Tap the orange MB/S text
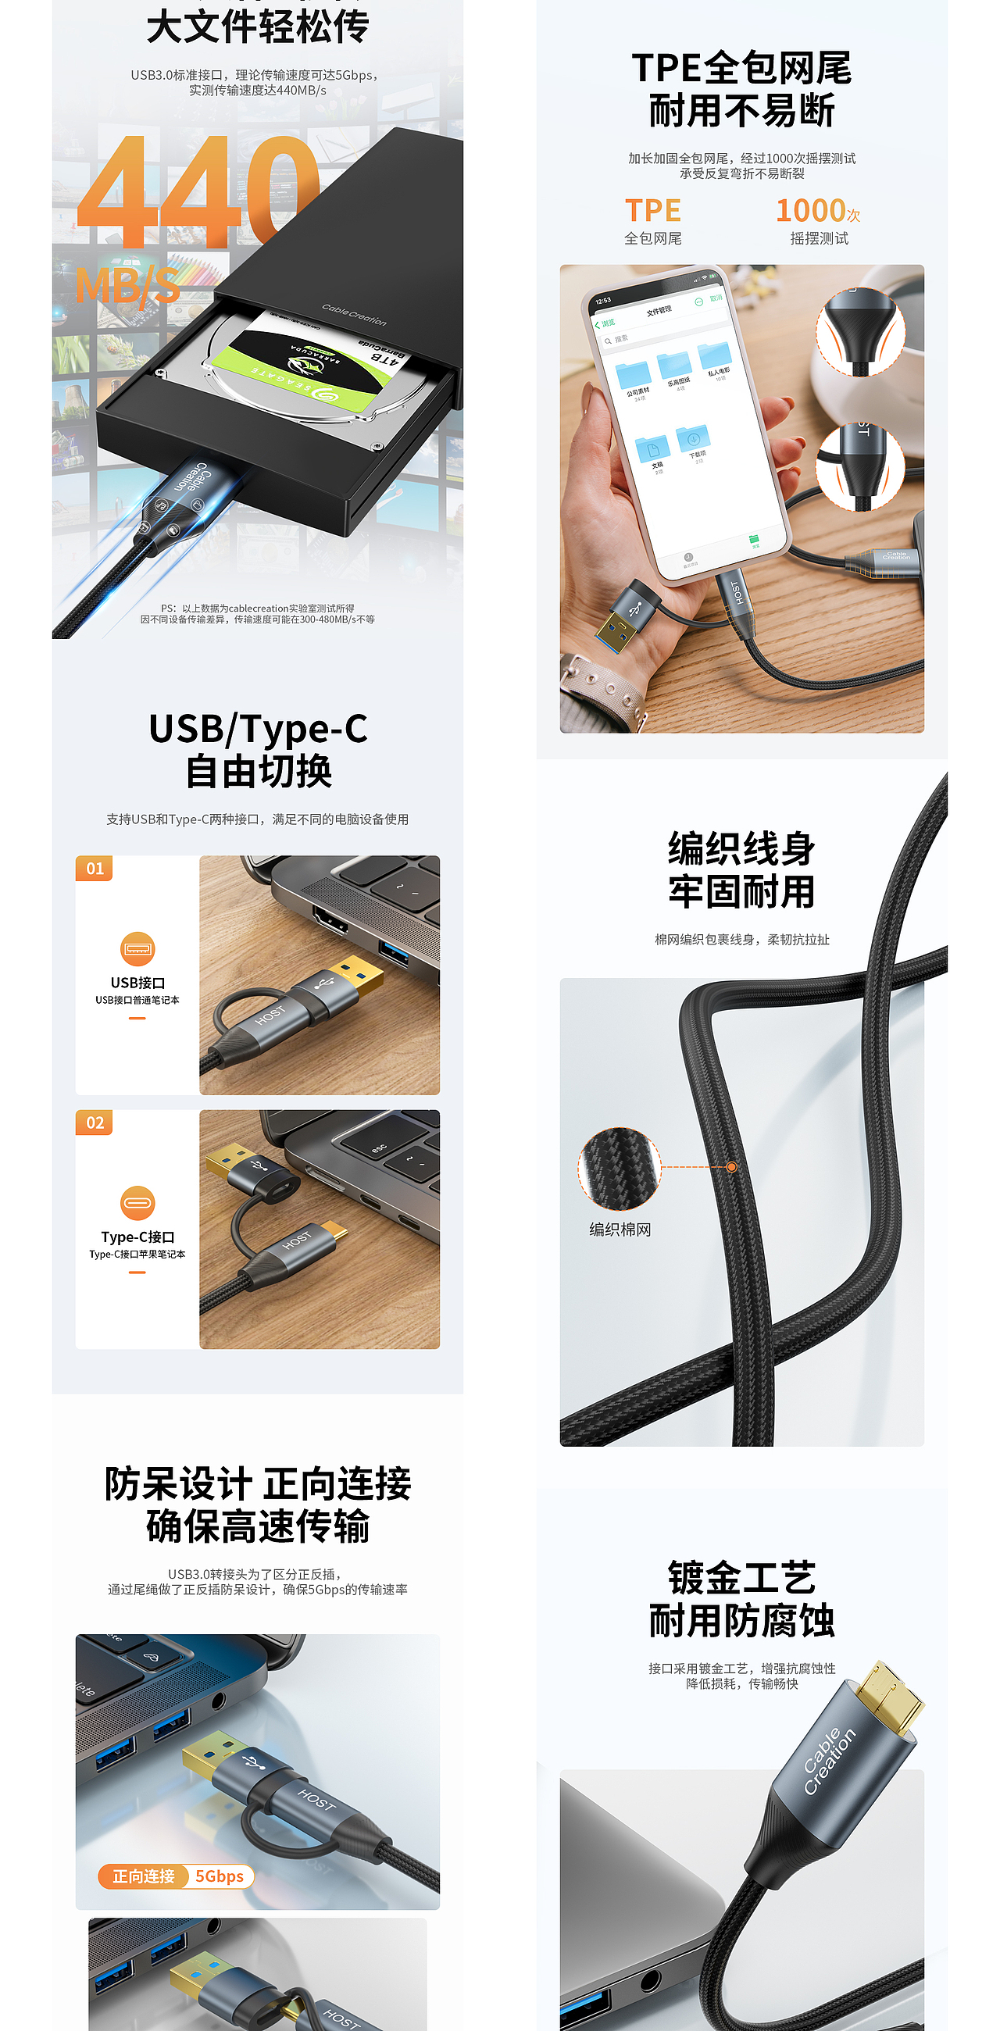click(x=128, y=285)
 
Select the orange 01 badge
click(x=95, y=868)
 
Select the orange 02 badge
click(x=95, y=1123)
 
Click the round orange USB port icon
click(x=137, y=948)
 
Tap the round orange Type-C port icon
click(x=137, y=1203)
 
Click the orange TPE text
click(x=652, y=210)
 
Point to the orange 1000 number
click(x=811, y=210)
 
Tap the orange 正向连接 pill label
click(x=144, y=1876)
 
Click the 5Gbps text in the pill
click(x=220, y=1876)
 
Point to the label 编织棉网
click(x=620, y=1230)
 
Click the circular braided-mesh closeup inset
click(x=619, y=1169)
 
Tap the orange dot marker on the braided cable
click(x=732, y=1167)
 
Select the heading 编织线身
click(x=741, y=849)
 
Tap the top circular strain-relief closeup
click(x=859, y=331)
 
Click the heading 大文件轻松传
click(x=258, y=27)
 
